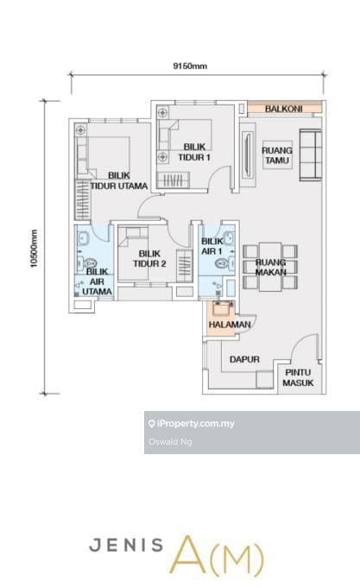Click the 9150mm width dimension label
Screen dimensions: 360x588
click(x=190, y=66)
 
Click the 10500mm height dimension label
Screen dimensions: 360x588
click(x=35, y=249)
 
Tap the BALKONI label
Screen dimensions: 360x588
click(x=283, y=109)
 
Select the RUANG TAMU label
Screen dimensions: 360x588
click(x=277, y=155)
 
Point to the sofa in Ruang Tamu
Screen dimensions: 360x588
click(x=311, y=155)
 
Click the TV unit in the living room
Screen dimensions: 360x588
click(x=248, y=155)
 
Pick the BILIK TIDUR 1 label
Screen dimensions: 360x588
click(x=194, y=152)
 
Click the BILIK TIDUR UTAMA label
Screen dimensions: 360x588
click(x=119, y=180)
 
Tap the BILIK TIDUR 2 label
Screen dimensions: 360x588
click(x=149, y=259)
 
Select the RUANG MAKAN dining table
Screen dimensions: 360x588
click(x=270, y=267)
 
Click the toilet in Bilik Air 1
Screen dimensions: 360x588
click(x=224, y=263)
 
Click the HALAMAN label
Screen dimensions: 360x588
click(x=230, y=325)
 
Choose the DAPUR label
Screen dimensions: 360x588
click(x=244, y=359)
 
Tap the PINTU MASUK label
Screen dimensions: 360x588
click(x=298, y=377)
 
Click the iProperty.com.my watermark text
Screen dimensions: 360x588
click(x=195, y=424)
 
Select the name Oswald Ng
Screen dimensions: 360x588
click(x=170, y=442)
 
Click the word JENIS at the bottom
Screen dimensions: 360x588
click(x=126, y=545)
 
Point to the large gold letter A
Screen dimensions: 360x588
click(x=191, y=555)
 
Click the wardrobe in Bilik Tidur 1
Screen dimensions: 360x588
click(x=173, y=180)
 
